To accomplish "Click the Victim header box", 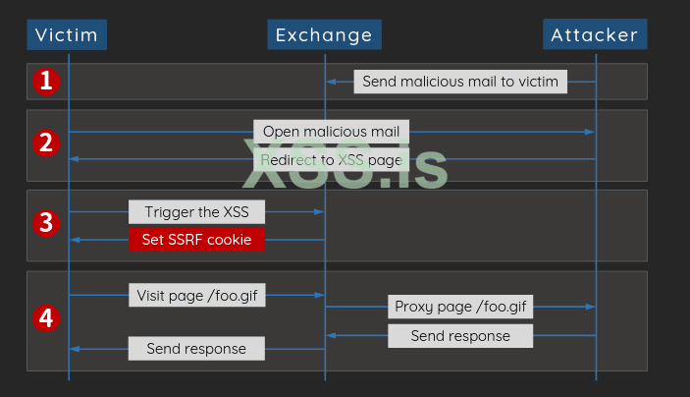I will [x=67, y=35].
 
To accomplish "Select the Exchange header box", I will [x=324, y=35].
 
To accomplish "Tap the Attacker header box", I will [x=595, y=35].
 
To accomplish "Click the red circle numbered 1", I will [x=46, y=82].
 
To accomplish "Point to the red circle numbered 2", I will [x=46, y=143].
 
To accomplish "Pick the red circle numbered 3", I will [x=46, y=224].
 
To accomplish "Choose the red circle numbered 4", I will [x=46, y=317].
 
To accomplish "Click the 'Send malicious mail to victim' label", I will [x=460, y=82].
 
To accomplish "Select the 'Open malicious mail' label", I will [x=332, y=131].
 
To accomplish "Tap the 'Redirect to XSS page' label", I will [x=332, y=158].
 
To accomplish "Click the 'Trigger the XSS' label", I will [x=196, y=211].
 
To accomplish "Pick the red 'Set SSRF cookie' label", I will [x=196, y=240].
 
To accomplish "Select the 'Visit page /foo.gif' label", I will [x=196, y=295].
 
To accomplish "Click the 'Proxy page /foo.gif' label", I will [x=460, y=307].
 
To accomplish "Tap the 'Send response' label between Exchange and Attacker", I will [x=460, y=336].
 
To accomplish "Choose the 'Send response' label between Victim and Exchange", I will [x=196, y=348].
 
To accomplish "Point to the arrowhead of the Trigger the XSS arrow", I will [x=320, y=211].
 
